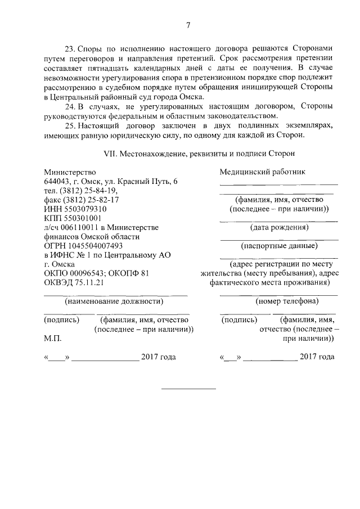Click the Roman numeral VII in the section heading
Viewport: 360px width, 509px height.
coord(111,153)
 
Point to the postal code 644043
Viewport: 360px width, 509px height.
coord(57,181)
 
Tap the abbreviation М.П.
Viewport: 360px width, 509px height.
coord(52,339)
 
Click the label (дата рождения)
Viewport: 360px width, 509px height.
coord(278,227)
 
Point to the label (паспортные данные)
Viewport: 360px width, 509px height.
coord(278,246)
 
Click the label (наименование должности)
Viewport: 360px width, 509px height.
coord(110,301)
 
